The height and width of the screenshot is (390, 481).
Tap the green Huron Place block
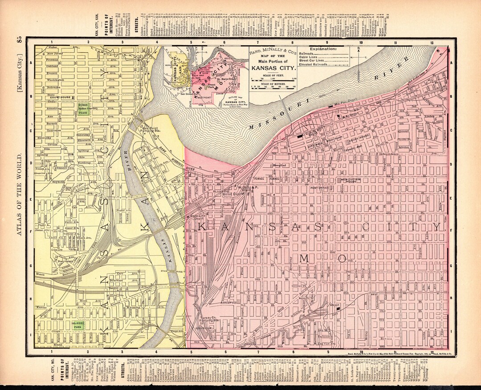tap(83, 110)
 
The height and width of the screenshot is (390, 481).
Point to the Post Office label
tap(319, 188)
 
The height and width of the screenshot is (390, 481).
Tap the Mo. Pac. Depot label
tap(342, 101)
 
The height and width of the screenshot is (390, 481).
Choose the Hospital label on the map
tap(279, 165)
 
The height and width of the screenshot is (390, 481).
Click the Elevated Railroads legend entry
tap(314, 64)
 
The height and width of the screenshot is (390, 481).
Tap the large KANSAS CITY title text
tap(273, 68)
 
